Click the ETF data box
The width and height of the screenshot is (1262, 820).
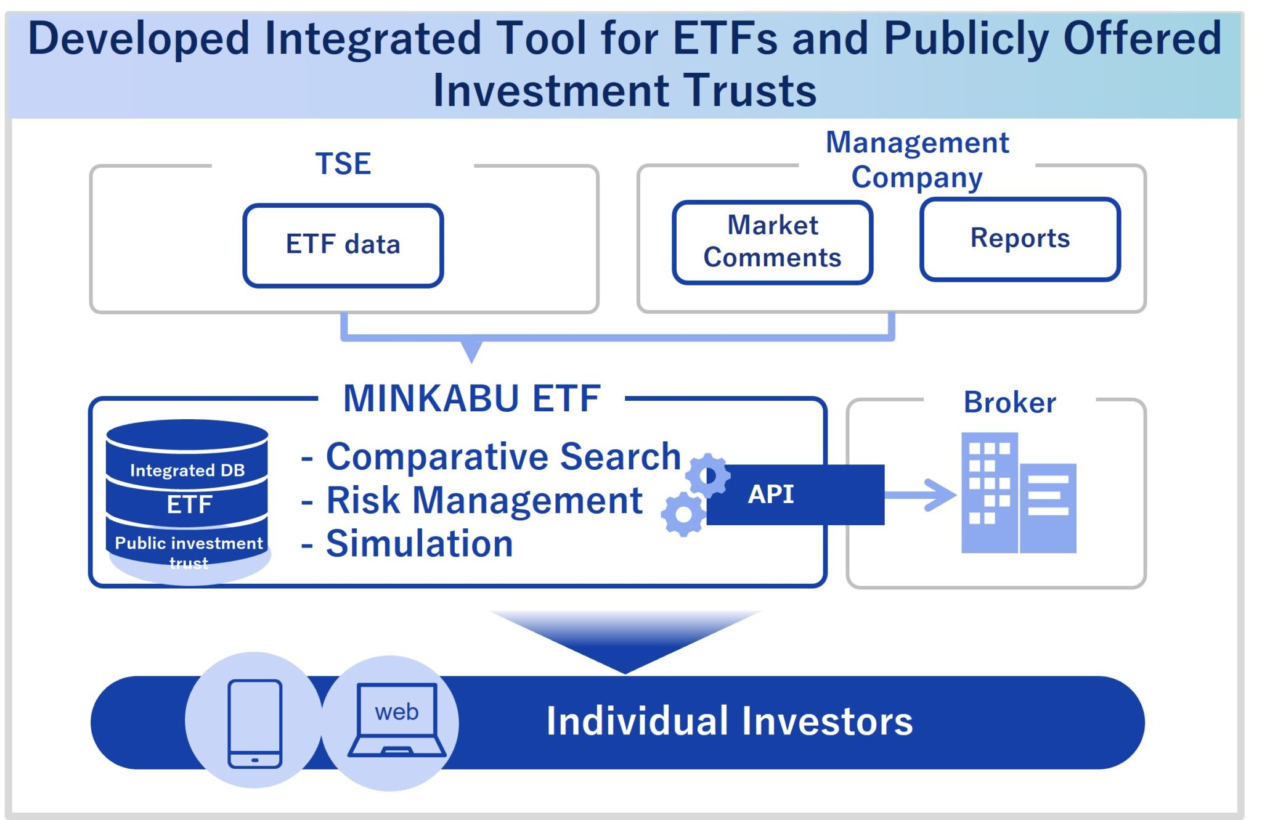pyautogui.click(x=343, y=245)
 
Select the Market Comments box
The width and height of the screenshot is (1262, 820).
pyautogui.click(x=773, y=242)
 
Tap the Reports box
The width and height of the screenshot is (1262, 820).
pyautogui.click(x=1020, y=239)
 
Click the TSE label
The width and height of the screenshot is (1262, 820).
pyautogui.click(x=343, y=164)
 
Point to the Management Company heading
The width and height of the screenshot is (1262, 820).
pyautogui.click(x=917, y=160)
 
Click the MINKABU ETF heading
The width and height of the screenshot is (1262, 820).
pyautogui.click(x=471, y=398)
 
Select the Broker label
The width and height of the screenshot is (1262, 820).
pyautogui.click(x=1009, y=403)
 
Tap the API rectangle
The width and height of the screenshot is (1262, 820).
pyautogui.click(x=796, y=494)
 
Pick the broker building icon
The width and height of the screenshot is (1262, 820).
pyautogui.click(x=1019, y=493)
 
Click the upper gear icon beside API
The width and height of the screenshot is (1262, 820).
pyautogui.click(x=708, y=475)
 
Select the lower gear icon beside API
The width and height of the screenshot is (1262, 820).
pyautogui.click(x=683, y=514)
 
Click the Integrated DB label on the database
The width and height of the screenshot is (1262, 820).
pyautogui.click(x=187, y=470)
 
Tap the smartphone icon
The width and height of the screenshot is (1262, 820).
pyautogui.click(x=254, y=724)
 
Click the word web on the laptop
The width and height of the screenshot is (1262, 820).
pyautogui.click(x=397, y=712)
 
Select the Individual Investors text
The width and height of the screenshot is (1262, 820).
pyautogui.click(x=730, y=721)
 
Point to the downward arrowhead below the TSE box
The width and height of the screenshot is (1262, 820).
pyautogui.click(x=471, y=351)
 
